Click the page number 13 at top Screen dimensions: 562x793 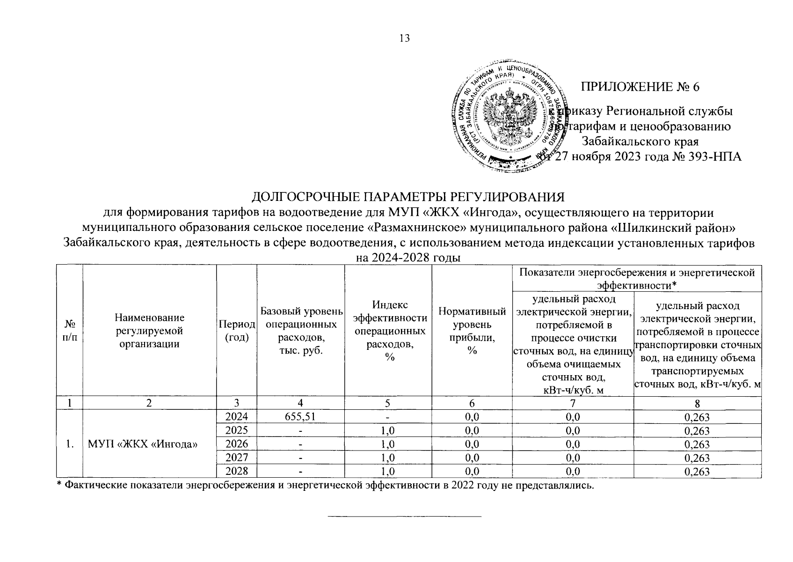tap(404, 38)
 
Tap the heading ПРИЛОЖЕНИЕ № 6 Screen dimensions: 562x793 tap(640, 87)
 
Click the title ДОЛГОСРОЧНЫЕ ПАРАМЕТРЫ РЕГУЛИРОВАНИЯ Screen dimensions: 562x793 tap(409, 196)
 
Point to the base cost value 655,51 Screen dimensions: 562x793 tap(300, 417)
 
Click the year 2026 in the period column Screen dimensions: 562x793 tap(236, 444)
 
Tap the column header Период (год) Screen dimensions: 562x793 tap(236, 331)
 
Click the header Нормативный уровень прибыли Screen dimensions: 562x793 tap(472, 331)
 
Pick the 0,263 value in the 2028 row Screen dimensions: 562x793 tap(697, 472)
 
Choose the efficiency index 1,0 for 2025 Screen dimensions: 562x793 tap(388, 431)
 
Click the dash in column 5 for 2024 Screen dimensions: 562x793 tap(388, 417)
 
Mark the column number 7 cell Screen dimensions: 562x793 tap(573, 403)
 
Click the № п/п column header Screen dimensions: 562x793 tap(69, 331)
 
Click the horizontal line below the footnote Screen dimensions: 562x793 tap(404, 517)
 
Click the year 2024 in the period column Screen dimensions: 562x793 tap(236, 417)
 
